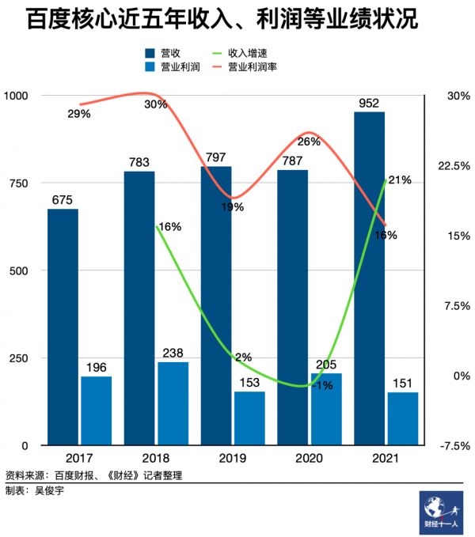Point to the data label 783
(x=139, y=163)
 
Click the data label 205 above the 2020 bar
(x=326, y=365)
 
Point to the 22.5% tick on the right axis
(x=454, y=165)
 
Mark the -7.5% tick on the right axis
(x=454, y=445)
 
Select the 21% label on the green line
(x=400, y=180)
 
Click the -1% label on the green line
(x=321, y=385)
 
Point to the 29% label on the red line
(x=79, y=114)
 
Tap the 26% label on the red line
(x=309, y=142)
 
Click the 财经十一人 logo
(x=440, y=510)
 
